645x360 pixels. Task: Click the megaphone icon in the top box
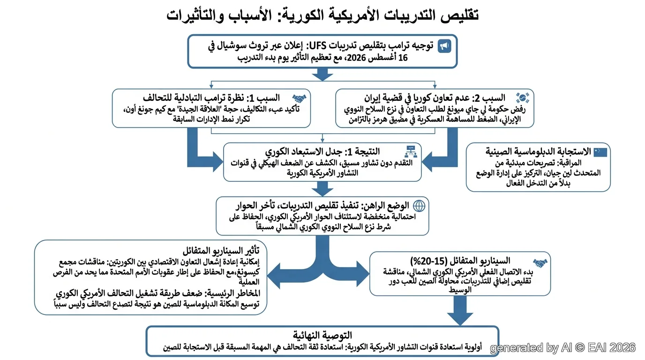444,46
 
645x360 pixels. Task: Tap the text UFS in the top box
318,45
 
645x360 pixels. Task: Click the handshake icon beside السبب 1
299,99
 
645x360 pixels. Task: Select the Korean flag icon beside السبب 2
522,98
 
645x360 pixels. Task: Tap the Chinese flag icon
600,152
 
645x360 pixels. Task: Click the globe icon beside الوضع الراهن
419,206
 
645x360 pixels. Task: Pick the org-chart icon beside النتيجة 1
411,151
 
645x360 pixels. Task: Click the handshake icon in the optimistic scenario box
540,262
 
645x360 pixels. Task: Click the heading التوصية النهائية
322,335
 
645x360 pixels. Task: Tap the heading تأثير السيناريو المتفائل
221,251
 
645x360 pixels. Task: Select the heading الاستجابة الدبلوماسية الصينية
538,151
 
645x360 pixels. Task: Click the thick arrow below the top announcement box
322,75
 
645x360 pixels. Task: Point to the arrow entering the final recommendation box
460,310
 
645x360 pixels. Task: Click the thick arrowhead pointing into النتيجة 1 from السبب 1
218,162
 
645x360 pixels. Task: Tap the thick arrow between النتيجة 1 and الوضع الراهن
322,189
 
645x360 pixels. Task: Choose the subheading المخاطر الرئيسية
232,293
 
